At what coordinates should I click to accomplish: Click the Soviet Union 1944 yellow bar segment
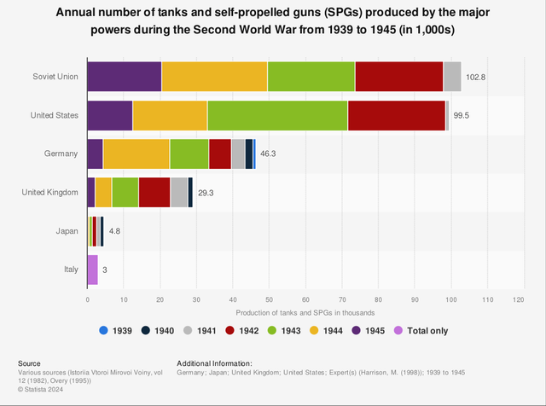click(x=214, y=77)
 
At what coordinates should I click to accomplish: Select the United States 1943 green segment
click(x=277, y=115)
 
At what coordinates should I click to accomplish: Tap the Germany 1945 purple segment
click(x=95, y=154)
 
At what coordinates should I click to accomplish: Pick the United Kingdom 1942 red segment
click(x=154, y=192)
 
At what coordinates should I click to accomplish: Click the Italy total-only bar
click(x=92, y=270)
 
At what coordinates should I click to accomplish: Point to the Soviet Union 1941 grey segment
click(x=452, y=77)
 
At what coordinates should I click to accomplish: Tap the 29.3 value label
click(x=206, y=193)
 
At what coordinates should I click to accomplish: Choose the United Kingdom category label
click(x=50, y=193)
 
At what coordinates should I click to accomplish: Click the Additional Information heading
click(x=214, y=362)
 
